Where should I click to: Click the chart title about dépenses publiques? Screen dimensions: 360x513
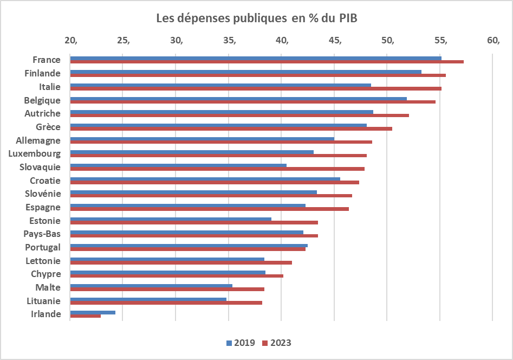(257, 18)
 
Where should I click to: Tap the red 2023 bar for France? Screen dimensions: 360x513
(267, 62)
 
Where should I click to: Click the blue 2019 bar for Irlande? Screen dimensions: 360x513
(93, 312)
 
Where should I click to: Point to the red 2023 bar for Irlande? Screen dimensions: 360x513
(85, 316)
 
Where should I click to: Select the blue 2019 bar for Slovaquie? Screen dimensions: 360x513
(178, 165)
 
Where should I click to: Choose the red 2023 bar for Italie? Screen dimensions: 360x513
(256, 88)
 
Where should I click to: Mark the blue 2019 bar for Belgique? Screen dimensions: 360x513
(238, 99)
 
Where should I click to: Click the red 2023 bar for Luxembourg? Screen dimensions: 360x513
(218, 156)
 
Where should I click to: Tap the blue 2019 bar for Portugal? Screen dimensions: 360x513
(189, 246)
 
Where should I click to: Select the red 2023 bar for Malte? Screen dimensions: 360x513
(167, 289)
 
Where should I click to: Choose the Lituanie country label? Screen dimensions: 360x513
(43, 301)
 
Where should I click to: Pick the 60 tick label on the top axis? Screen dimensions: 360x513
(493, 41)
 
